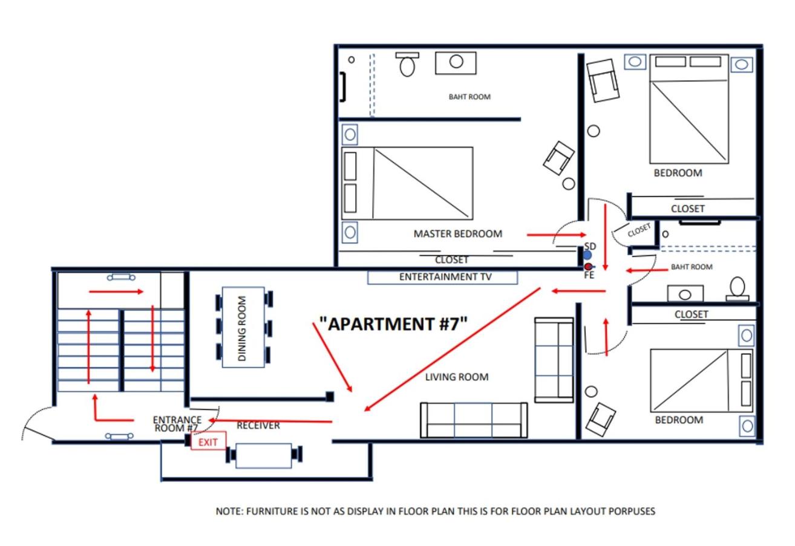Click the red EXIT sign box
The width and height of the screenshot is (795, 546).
[208, 441]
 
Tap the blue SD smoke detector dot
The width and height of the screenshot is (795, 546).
[587, 255]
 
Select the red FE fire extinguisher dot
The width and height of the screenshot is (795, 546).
[588, 266]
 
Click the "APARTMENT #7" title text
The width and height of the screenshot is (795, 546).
[393, 323]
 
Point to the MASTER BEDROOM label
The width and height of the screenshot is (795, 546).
[458, 233]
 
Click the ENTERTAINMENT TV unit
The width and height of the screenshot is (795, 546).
[442, 277]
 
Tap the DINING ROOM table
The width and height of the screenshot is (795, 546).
[243, 327]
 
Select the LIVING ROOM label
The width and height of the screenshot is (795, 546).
[457, 377]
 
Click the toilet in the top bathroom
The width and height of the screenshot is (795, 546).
[407, 64]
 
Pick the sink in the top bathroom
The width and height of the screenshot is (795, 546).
[456, 63]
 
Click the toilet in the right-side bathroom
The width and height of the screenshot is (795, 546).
[737, 289]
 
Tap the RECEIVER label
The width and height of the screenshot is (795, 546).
[258, 426]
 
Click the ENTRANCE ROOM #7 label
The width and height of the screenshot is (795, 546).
[177, 424]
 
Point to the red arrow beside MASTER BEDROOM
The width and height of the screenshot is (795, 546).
[557, 235]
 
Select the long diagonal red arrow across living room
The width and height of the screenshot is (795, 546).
[452, 349]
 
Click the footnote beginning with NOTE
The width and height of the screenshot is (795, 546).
[436, 511]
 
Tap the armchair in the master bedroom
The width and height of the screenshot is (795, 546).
[558, 158]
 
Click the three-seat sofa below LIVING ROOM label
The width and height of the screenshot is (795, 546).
[474, 420]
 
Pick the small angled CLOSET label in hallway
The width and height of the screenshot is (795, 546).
[639, 230]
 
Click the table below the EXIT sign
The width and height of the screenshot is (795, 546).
[264, 455]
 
